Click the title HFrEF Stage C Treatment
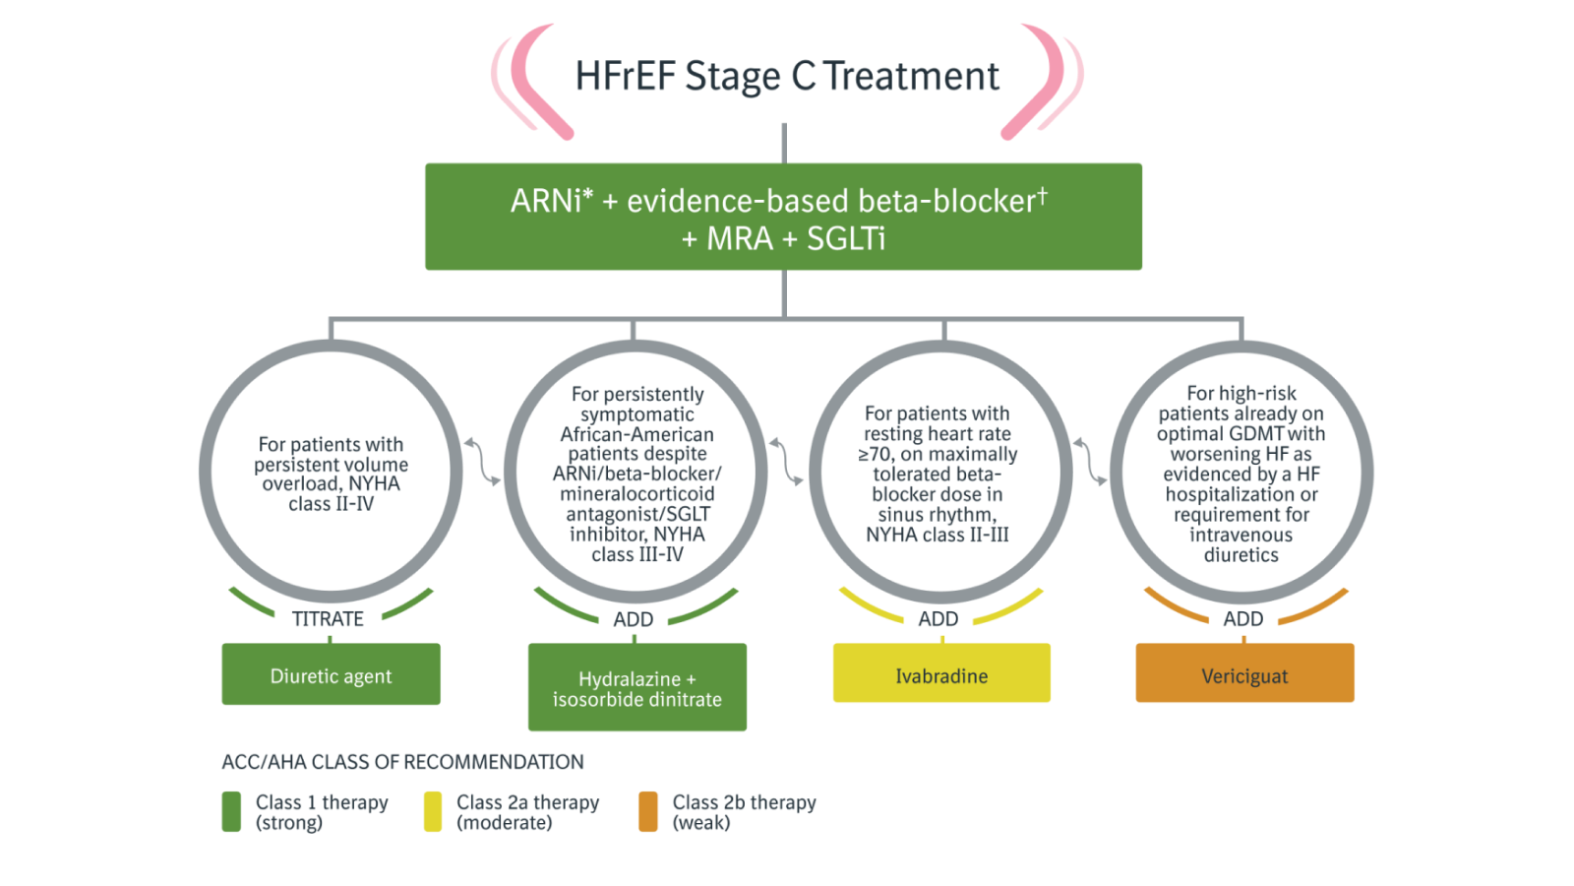787,76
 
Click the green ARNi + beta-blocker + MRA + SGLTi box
783,217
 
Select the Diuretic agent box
331,673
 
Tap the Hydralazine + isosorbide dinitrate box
637,687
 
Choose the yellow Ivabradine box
941,673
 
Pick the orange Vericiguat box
1244,673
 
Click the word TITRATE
328,619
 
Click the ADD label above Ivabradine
938,619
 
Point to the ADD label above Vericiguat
1243,619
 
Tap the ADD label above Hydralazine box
634,619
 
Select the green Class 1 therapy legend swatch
231,811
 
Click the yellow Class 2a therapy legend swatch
433,811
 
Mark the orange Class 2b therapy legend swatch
648,811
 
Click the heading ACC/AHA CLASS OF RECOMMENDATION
402,762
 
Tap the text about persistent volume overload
331,474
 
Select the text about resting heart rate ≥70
938,474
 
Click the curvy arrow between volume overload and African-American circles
483,462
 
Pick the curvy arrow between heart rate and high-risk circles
1090,462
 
